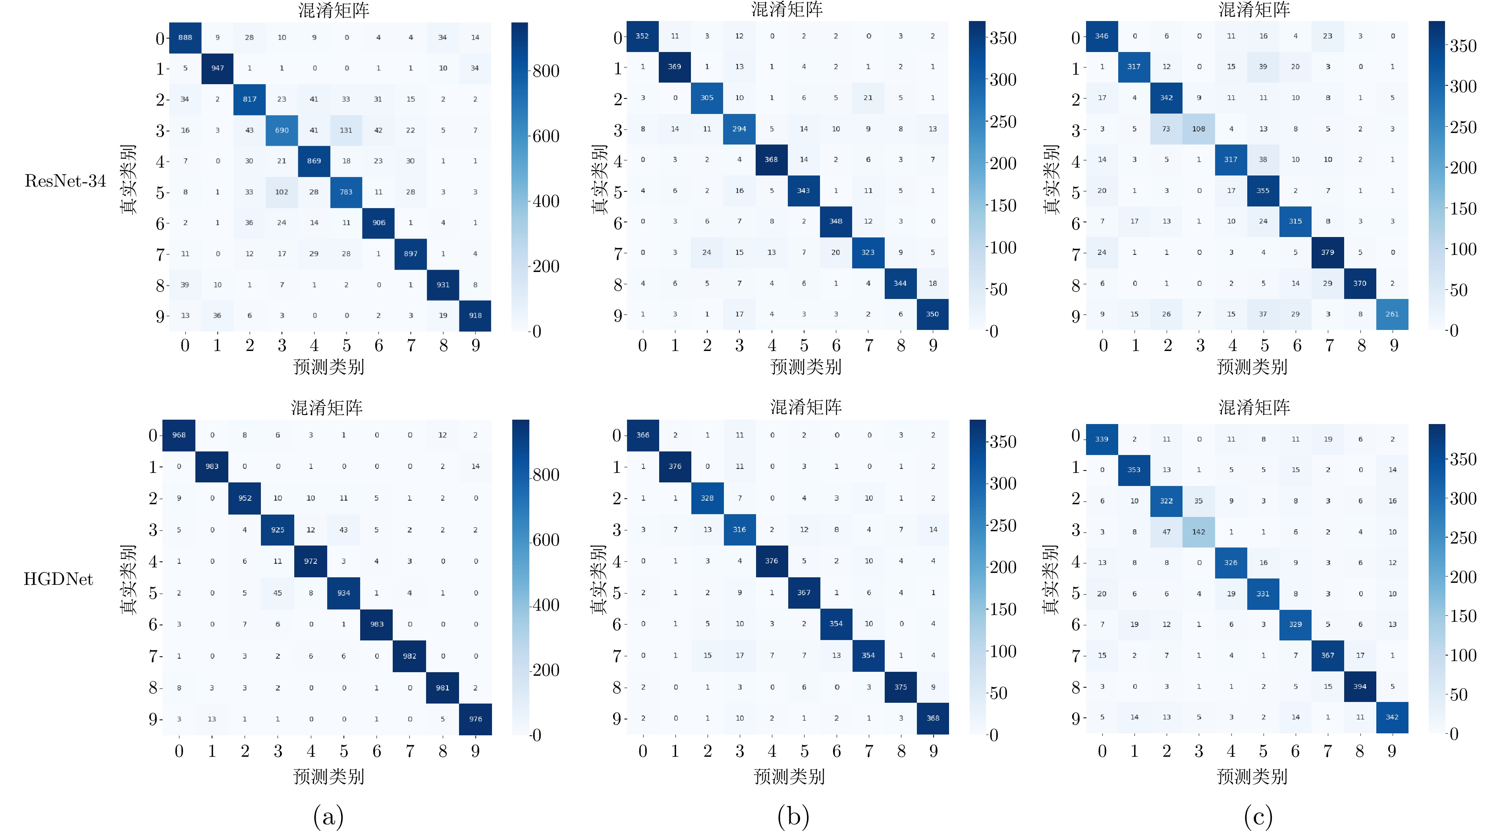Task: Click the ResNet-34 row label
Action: tap(65, 181)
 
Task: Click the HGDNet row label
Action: tap(58, 579)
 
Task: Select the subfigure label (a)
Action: tap(328, 816)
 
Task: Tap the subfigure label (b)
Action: tap(793, 816)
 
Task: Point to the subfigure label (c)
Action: tap(1258, 816)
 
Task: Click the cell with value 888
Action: tap(185, 37)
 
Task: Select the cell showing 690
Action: tap(282, 130)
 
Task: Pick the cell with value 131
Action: tap(346, 130)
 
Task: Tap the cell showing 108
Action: tap(1198, 129)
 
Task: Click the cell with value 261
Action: tap(1392, 314)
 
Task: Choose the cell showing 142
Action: tap(1198, 532)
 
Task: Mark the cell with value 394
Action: tap(1360, 686)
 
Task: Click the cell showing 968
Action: tap(179, 435)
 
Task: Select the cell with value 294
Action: tap(739, 129)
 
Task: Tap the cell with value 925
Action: tap(278, 530)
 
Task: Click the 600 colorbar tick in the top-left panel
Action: tap(546, 136)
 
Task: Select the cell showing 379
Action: tap(1328, 253)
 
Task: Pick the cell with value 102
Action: tap(282, 192)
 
